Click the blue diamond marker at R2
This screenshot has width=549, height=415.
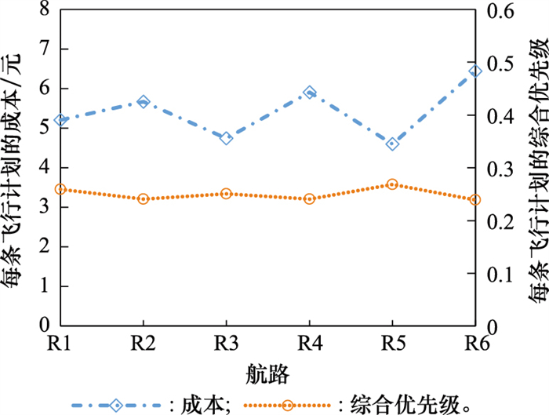coord(143,102)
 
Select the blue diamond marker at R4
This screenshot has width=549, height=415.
coord(309,93)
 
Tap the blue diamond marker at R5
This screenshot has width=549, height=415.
coord(392,144)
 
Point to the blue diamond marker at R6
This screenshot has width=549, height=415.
coord(474,71)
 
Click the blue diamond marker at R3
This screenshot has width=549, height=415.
coord(226,138)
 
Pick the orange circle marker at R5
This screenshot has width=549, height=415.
coord(392,184)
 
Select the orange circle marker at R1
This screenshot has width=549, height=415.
coord(60,189)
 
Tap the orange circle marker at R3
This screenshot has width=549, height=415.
coord(226,193)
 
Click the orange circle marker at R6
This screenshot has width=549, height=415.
coord(474,200)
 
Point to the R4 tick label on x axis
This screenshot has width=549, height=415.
coord(309,344)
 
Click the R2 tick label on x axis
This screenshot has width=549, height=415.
coord(143,344)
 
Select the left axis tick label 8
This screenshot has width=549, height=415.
coord(44,10)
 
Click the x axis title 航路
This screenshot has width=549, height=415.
coord(267,370)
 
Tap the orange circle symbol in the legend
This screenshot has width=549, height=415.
coord(288,404)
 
